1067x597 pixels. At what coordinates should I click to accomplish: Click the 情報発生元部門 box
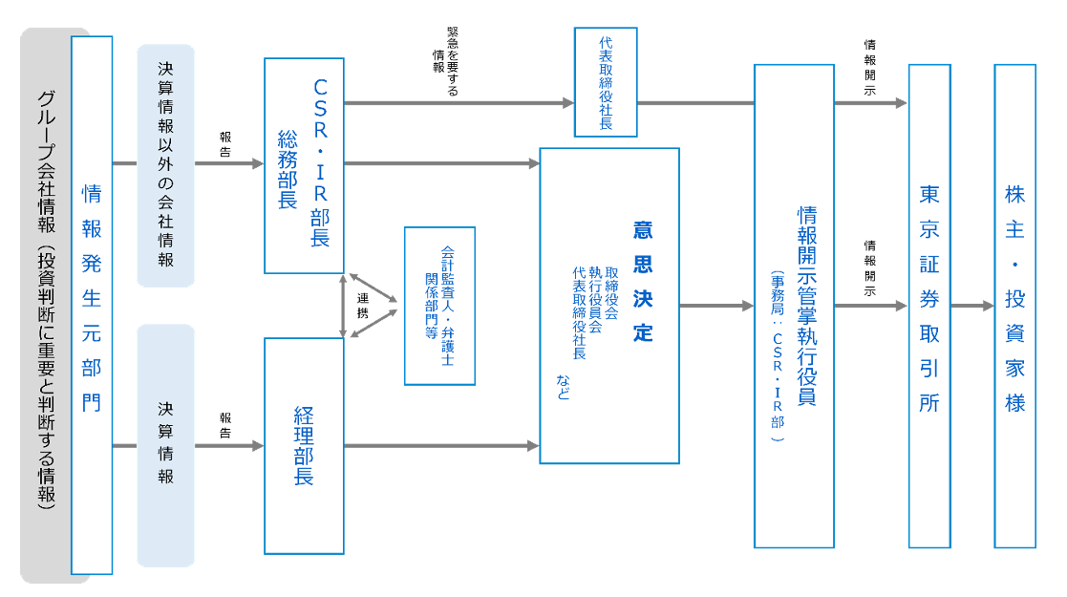tap(92, 305)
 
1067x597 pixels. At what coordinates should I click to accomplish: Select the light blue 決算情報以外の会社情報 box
tap(165, 165)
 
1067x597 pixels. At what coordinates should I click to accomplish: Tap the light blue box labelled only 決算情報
tap(165, 445)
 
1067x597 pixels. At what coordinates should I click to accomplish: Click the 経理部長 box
tap(304, 445)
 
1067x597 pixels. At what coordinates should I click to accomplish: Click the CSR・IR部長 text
tap(320, 162)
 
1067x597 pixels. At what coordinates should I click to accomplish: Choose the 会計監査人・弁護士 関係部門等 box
tap(439, 306)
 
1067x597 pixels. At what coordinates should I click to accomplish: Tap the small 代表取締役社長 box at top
tap(606, 82)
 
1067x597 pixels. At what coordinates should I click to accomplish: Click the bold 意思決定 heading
tap(642, 282)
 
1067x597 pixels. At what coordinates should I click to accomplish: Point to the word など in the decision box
tap(564, 387)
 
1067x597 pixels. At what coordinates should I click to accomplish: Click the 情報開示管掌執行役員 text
tap(806, 306)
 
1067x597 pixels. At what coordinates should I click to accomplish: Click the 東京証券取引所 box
tap(929, 306)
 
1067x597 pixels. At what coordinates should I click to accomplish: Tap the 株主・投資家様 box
tap(1014, 306)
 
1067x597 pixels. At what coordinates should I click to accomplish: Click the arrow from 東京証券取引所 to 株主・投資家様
tap(972, 307)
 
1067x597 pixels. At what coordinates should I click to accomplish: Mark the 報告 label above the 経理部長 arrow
tap(225, 425)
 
